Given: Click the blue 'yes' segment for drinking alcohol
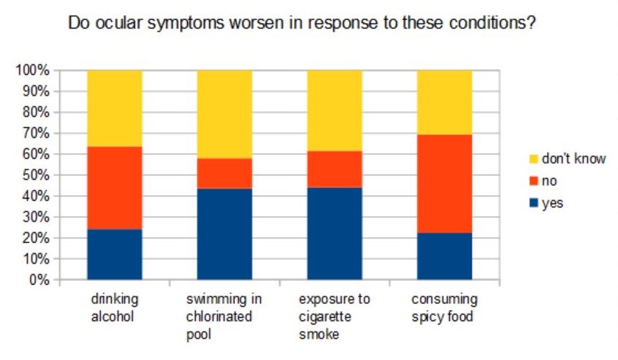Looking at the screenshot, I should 114,255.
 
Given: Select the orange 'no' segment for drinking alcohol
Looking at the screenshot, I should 114,188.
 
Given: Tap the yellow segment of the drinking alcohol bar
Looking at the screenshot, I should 114,108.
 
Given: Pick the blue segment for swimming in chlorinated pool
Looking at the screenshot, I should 224,234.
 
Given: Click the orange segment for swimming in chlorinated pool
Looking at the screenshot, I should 224,174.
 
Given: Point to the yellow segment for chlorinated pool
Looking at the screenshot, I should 224,114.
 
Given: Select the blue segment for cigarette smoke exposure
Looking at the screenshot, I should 334,234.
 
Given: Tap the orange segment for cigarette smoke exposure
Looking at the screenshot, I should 334,169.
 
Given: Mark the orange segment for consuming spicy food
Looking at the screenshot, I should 444,184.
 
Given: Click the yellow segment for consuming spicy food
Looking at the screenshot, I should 444,102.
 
